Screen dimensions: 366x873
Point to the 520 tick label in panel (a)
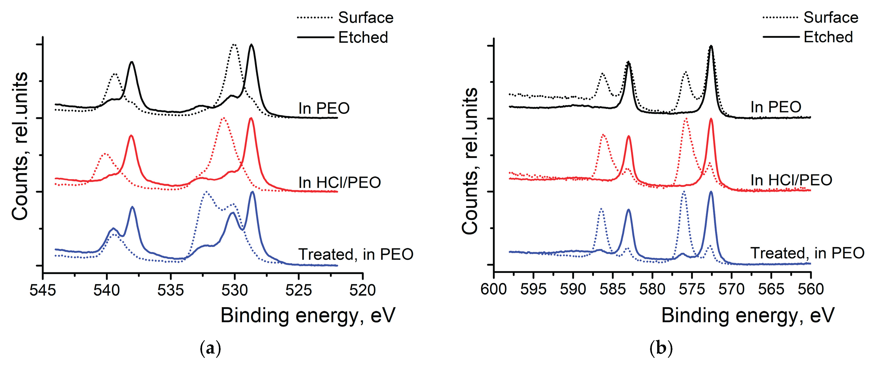coord(363,290)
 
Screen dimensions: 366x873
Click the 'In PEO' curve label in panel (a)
coord(324,108)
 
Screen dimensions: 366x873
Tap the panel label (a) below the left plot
coord(210,348)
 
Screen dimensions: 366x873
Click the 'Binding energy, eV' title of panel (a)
coord(308,316)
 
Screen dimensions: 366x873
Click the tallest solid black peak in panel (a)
coord(251,45)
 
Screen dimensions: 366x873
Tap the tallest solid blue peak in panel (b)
coord(711,192)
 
